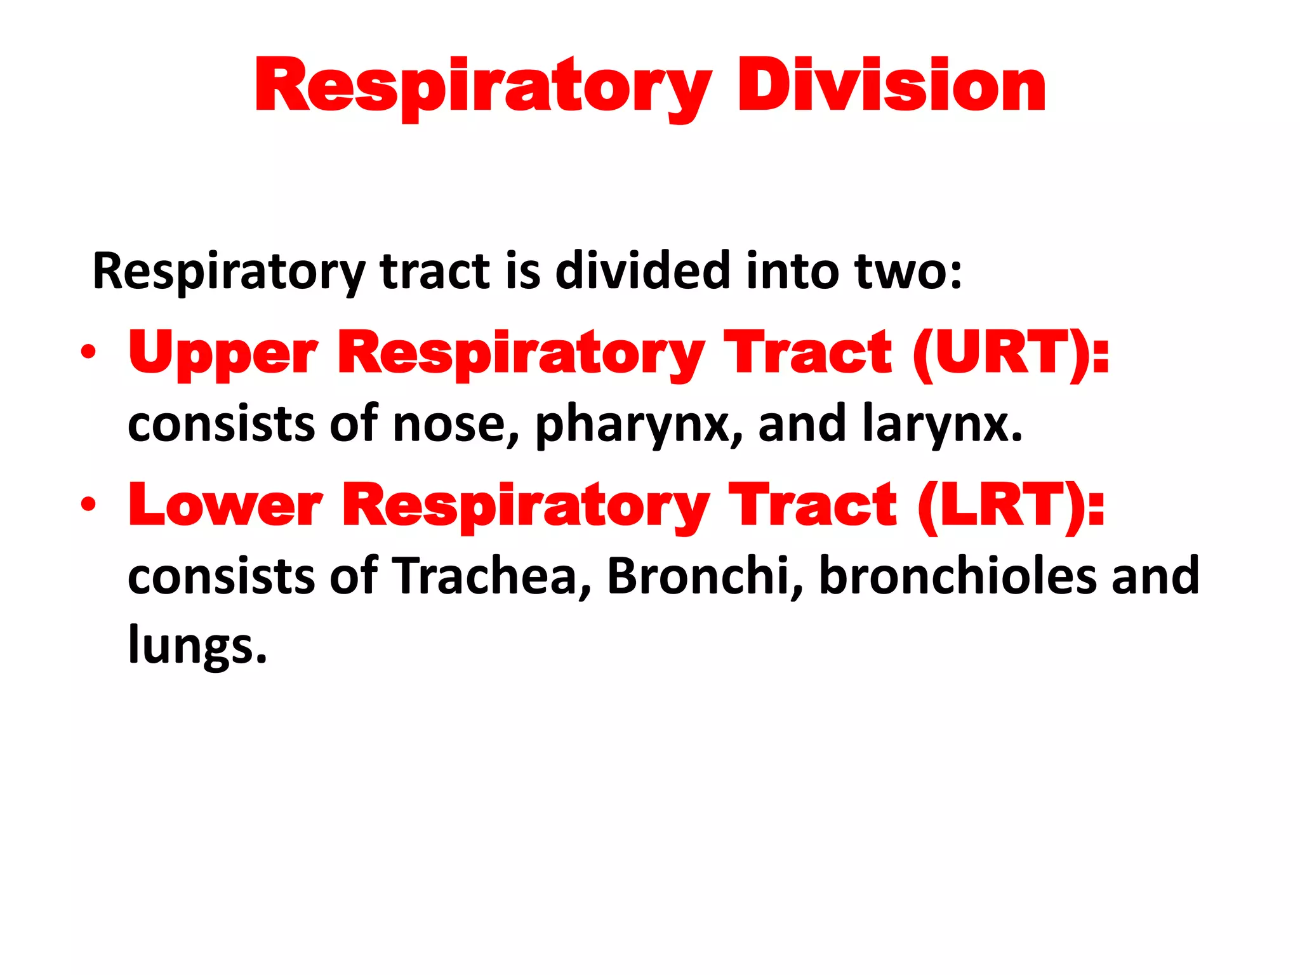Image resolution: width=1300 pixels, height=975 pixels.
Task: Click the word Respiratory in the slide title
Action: click(482, 86)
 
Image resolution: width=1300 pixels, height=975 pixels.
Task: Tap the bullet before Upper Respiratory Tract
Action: click(88, 352)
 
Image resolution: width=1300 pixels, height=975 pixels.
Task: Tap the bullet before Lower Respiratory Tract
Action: click(88, 505)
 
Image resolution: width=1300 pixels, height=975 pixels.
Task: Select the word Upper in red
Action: click(222, 354)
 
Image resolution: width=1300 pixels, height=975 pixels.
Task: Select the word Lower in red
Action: click(225, 505)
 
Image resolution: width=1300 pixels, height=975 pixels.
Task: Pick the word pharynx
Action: click(638, 424)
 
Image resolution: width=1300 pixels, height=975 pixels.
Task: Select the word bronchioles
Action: click(957, 576)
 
